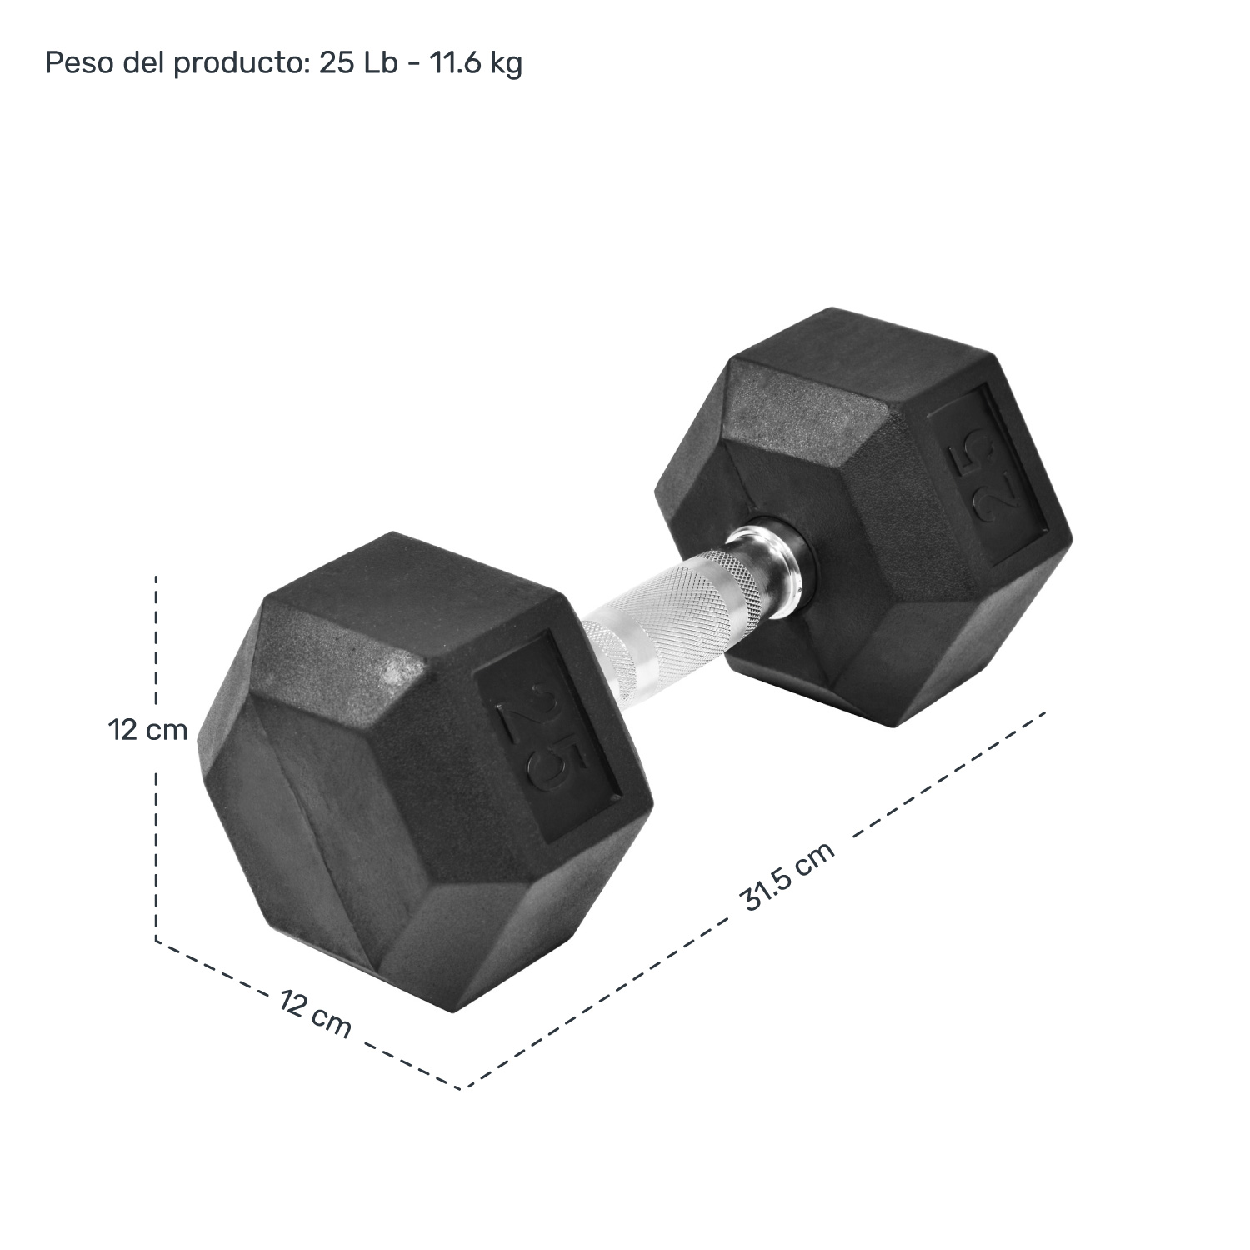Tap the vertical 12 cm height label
(147, 731)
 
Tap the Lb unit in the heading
(380, 63)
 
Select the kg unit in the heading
(506, 63)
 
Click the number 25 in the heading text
(337, 63)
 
